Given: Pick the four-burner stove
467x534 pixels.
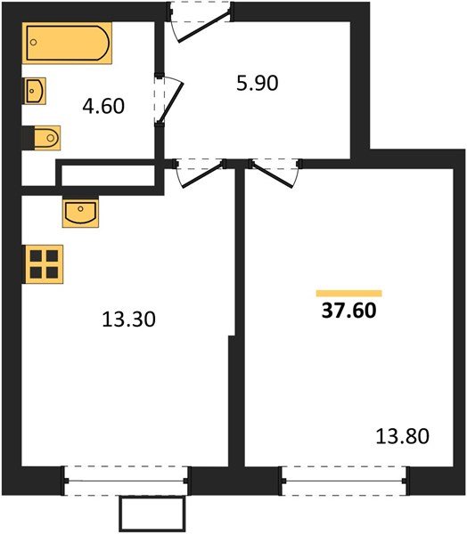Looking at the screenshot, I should [41, 263].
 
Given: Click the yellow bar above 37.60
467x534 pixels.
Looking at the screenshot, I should [348, 293].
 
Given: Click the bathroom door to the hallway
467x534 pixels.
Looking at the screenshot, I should [169, 102].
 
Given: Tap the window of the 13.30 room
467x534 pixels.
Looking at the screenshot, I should [127, 481].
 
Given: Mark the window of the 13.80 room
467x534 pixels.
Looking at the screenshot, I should [344, 481].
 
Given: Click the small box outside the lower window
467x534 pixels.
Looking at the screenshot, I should [152, 514].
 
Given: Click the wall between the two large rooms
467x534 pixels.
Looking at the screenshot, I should [238, 311].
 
